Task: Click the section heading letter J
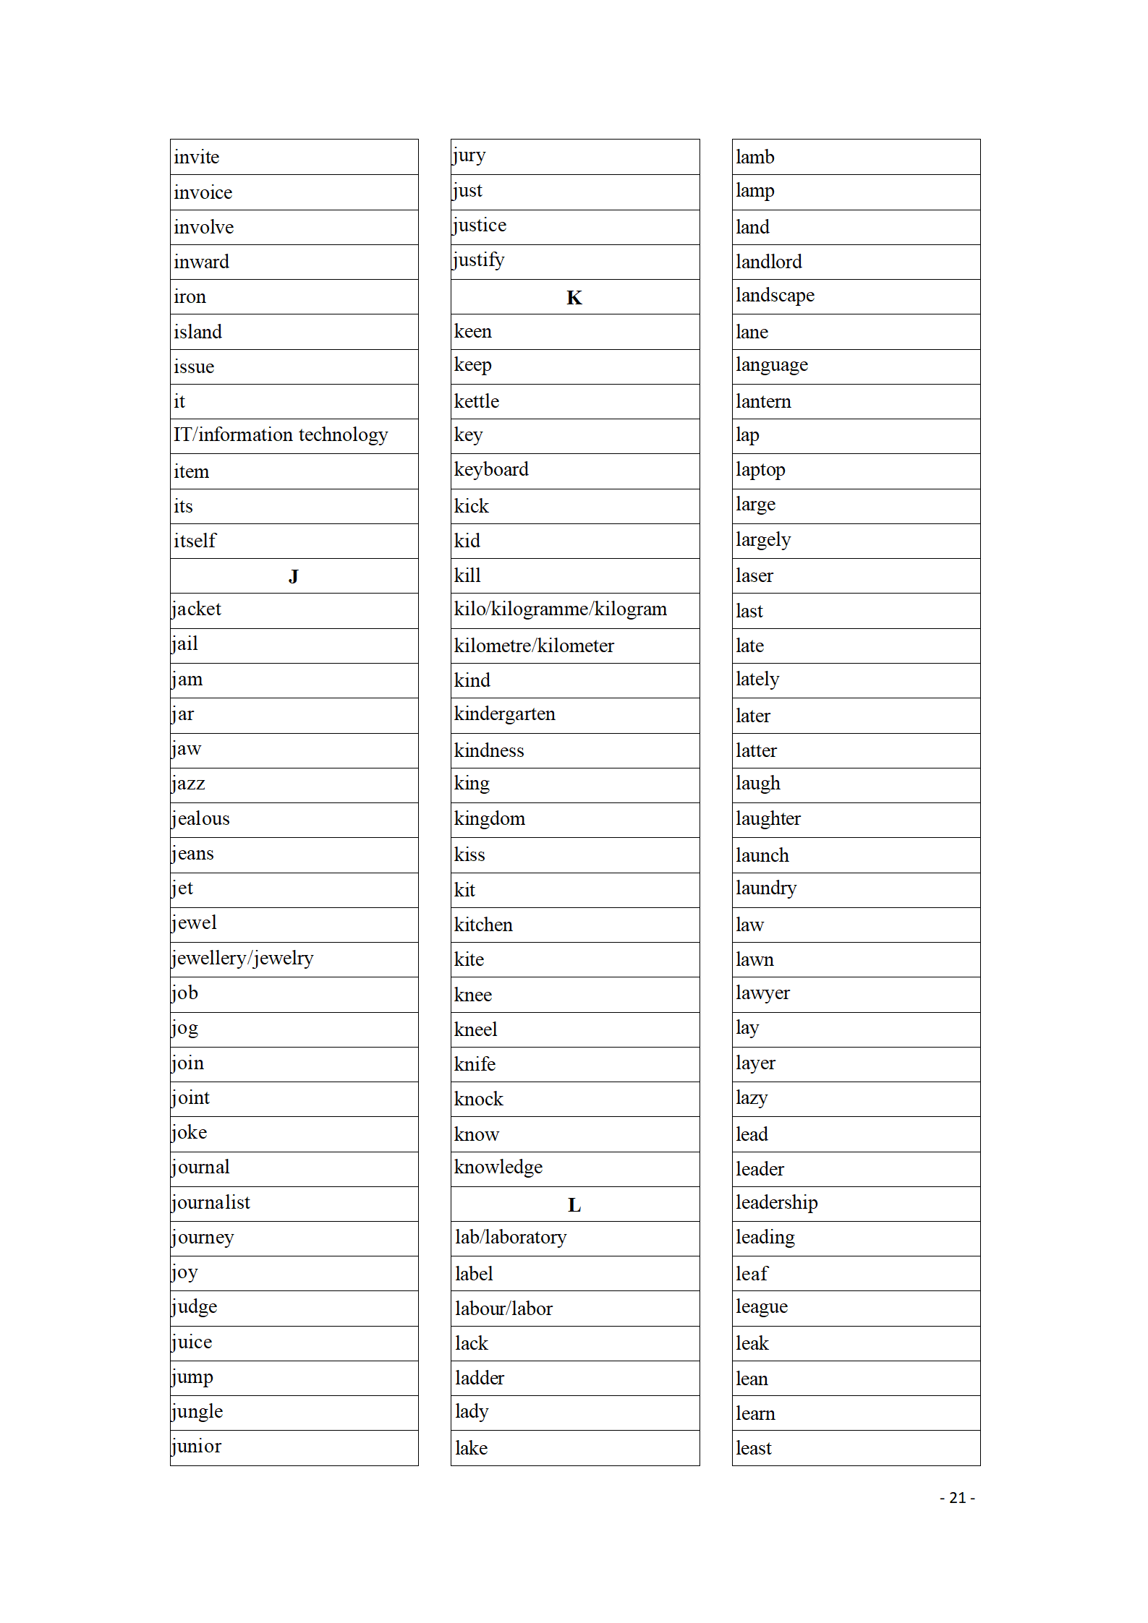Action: coord(293,576)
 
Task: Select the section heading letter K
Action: coord(574,298)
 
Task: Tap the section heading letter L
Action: coord(574,1204)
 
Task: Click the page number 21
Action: coord(957,1498)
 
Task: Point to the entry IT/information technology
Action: coord(281,435)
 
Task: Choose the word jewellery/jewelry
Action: coord(242,959)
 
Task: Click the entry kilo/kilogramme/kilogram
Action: coord(560,609)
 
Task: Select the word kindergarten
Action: coord(504,714)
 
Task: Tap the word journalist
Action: coord(211,1202)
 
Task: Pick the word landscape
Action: coord(775,296)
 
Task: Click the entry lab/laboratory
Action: coord(510,1237)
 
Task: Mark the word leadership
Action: coord(776,1202)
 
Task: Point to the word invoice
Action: coord(203,193)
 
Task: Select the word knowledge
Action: coord(498,1168)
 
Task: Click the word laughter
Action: coord(768,819)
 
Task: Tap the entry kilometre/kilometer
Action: coord(534,646)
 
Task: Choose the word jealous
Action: coord(200,819)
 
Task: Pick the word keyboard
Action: coord(491,470)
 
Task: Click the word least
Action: coord(753,1448)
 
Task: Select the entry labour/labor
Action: coord(503,1309)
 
